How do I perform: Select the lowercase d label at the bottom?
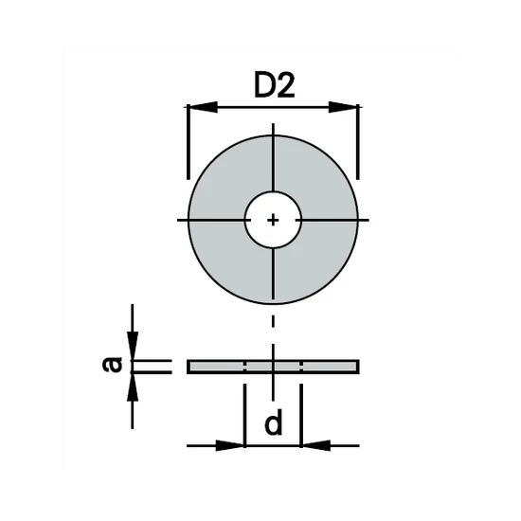coord(274,425)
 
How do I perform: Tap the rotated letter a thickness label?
coord(114,365)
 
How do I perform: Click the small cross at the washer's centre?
coord(273,220)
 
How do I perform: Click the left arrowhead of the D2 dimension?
coord(200,107)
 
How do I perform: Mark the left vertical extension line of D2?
coord(189,142)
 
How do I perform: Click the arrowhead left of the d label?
coord(232,444)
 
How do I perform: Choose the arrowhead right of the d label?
coord(314,444)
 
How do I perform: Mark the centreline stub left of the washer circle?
coord(182,220)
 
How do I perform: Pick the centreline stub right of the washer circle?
coord(365,220)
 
